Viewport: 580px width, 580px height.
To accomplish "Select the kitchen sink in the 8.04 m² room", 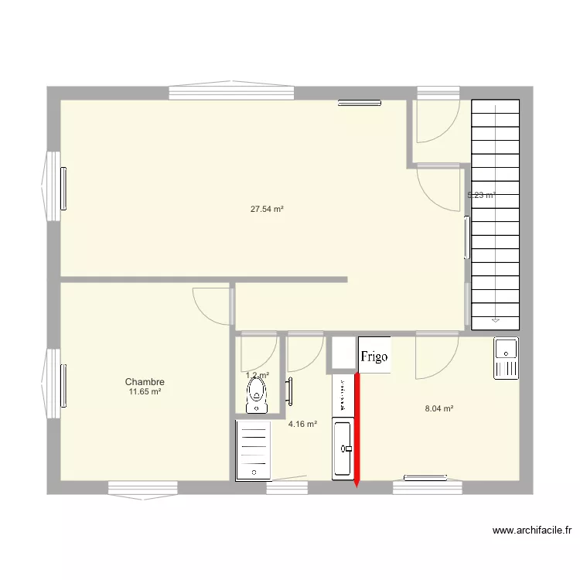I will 507,358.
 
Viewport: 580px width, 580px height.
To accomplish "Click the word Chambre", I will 145,382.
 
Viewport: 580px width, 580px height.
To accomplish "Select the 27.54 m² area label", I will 267,209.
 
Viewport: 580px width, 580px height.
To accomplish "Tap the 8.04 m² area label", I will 439,408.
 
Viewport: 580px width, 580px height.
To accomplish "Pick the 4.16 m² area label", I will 302,424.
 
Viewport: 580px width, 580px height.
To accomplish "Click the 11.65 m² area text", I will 145,392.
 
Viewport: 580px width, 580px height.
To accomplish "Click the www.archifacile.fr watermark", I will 532,531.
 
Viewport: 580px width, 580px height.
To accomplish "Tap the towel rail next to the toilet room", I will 291,391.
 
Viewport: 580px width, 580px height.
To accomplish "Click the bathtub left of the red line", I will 343,449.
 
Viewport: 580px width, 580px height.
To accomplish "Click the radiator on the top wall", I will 360,101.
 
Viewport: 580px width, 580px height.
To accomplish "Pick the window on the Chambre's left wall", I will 56,384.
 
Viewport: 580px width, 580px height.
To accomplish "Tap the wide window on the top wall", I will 231,92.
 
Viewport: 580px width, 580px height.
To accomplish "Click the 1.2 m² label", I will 258,375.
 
